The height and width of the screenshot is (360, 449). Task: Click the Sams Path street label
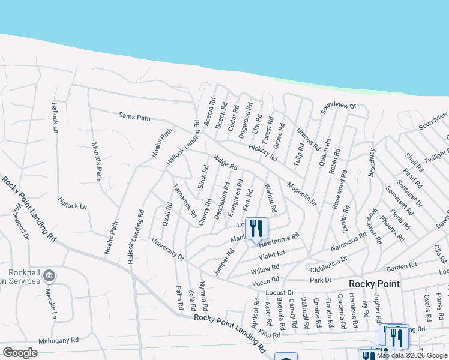click(134, 118)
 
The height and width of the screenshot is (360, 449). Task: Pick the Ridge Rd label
click(226, 163)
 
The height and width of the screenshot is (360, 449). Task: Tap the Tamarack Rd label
click(185, 200)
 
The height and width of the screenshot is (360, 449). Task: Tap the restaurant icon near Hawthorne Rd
click(256, 228)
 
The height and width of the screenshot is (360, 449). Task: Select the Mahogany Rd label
click(58, 340)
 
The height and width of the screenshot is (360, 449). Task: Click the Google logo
click(20, 352)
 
